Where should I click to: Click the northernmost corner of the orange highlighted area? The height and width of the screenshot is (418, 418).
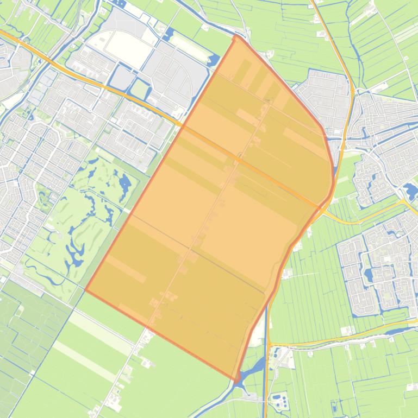(235, 37)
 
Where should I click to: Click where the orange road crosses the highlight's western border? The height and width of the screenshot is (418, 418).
(183, 125)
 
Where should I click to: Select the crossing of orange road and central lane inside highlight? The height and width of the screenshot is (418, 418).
(238, 159)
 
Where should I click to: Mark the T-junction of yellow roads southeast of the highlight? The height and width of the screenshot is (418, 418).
(269, 345)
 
